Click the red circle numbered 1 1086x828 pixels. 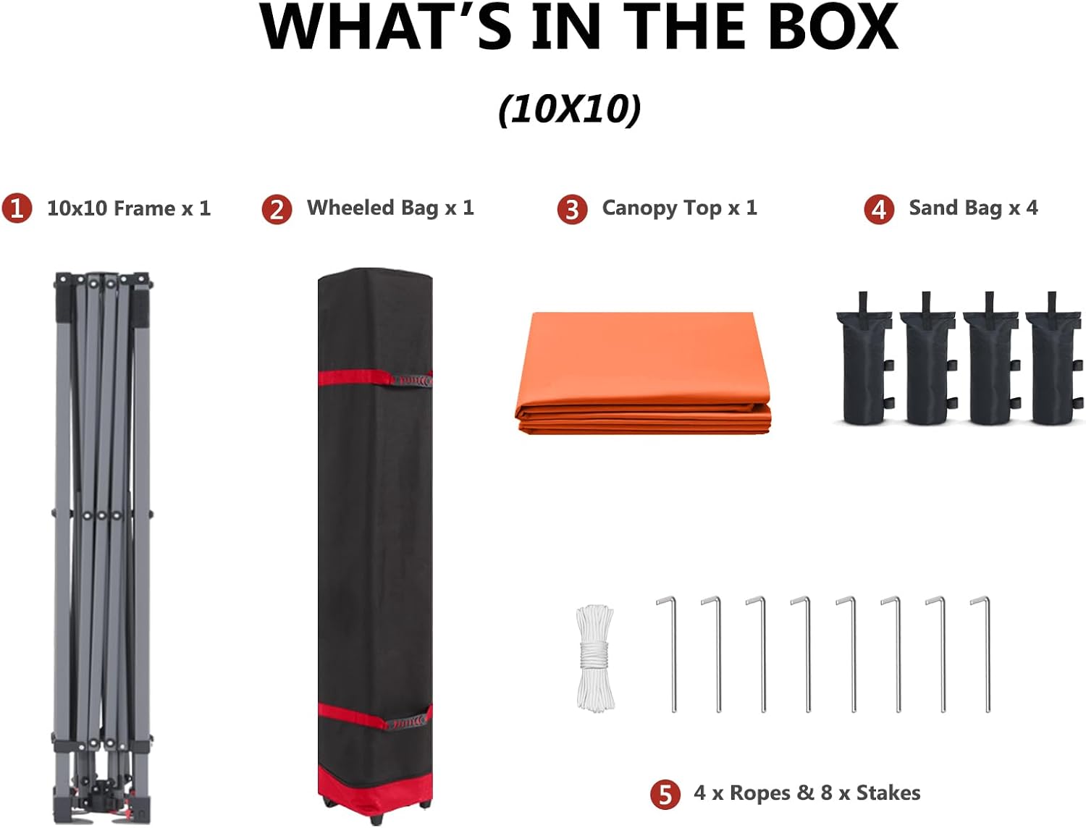(x=17, y=208)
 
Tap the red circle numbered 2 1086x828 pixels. (x=277, y=209)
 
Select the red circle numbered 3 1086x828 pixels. (x=572, y=209)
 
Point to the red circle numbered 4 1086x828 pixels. (x=879, y=209)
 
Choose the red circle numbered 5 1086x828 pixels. (x=665, y=795)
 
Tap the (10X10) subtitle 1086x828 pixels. (x=570, y=109)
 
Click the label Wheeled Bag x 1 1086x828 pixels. (x=390, y=208)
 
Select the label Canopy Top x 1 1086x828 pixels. (x=679, y=208)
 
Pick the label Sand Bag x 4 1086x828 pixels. (x=973, y=208)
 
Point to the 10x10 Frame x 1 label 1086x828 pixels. (x=129, y=208)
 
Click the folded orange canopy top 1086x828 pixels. (x=643, y=373)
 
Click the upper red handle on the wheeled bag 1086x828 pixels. (x=412, y=381)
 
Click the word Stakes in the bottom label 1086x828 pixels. (x=888, y=793)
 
